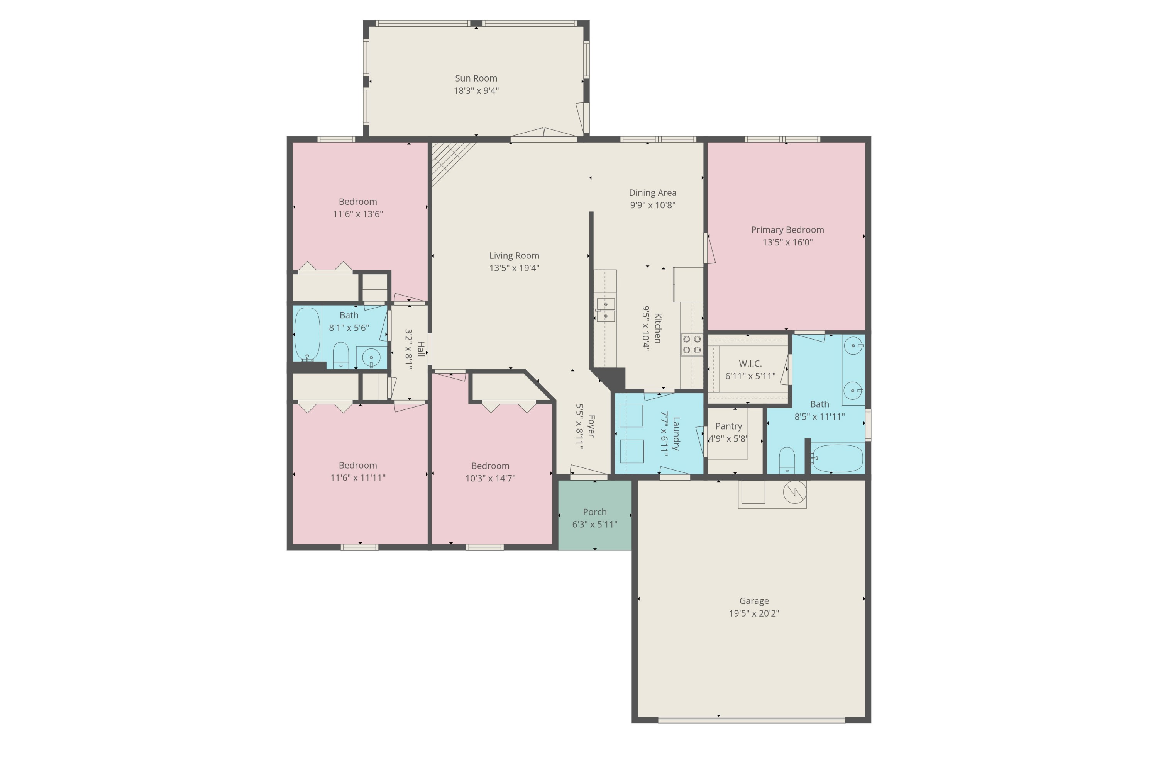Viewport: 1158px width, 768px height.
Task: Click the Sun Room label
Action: (476, 78)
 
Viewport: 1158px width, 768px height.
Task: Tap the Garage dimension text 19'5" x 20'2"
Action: (754, 613)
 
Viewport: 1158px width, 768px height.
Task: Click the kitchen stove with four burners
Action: (692, 344)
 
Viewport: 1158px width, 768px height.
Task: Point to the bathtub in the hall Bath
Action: (307, 335)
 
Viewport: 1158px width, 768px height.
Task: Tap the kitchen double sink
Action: (605, 310)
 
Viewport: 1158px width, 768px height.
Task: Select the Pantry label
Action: (728, 426)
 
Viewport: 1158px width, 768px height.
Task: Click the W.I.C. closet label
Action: (750, 364)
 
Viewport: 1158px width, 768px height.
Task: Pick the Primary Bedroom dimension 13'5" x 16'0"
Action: (787, 242)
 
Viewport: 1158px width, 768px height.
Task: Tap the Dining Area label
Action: (652, 192)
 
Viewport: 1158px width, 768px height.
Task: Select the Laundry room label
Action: (676, 433)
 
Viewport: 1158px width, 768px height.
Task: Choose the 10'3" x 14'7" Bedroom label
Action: (490, 466)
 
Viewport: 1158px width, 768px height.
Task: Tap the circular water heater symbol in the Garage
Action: (794, 492)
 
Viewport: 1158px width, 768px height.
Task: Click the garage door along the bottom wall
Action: (751, 719)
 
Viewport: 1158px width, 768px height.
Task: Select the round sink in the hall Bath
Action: (371, 358)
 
